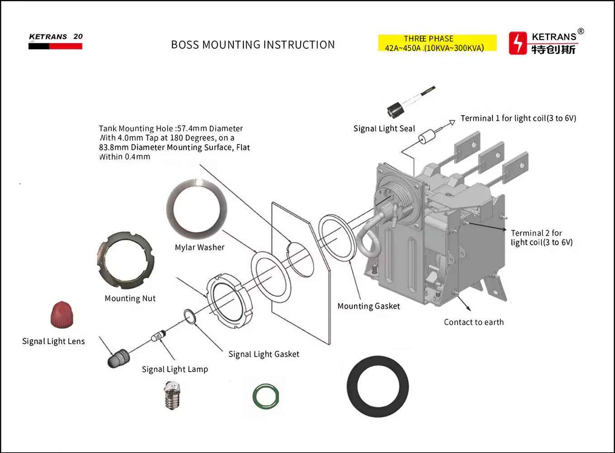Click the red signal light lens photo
coord(61,314)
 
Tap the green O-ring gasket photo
coord(265,397)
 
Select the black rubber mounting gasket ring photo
coord(378,387)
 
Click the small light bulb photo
coord(172,395)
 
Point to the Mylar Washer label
coord(199,248)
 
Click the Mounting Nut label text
coord(130,299)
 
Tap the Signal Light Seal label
coord(384,129)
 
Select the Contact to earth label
coord(473,322)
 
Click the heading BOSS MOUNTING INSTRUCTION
coord(253,45)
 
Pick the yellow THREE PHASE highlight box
coord(437,43)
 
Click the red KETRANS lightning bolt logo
coord(518,43)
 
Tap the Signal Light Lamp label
coord(175,369)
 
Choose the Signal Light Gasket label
coord(264,355)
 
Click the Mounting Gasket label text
coord(369,306)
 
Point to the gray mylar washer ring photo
coord(196,209)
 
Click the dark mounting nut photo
coord(125,260)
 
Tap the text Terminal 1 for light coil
coord(518,118)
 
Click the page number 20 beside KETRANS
coord(78,37)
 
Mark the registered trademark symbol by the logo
coord(581,31)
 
